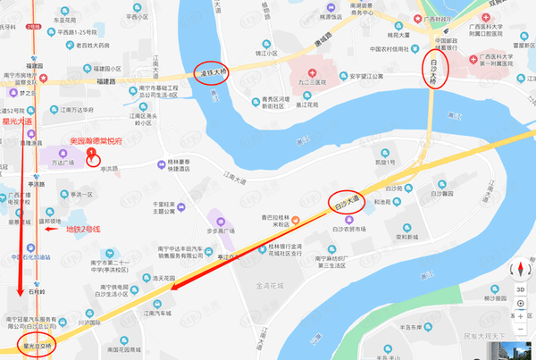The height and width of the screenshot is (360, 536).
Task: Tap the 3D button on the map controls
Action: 520,289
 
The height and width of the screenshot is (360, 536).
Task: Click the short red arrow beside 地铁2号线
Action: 51,230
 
